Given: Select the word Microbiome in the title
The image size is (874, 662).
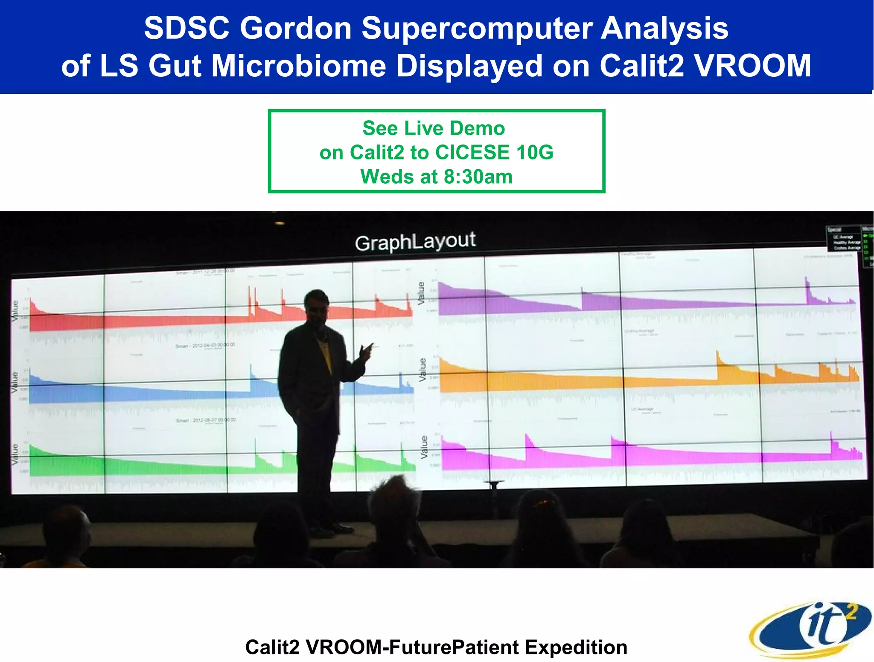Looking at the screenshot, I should tap(299, 66).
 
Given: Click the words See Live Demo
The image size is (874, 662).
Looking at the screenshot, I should tap(434, 128).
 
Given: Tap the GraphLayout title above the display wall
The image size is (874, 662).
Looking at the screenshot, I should tap(415, 242).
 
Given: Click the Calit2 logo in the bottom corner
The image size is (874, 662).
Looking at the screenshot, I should tap(810, 628).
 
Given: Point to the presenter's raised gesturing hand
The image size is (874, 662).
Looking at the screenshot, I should tap(366, 350).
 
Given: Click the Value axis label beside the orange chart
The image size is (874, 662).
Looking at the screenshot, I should tap(422, 370).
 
